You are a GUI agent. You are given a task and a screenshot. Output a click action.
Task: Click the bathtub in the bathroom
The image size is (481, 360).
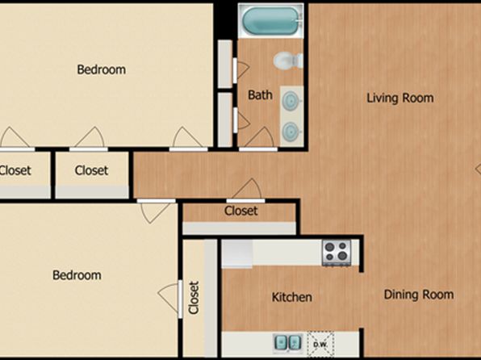[x=270, y=21]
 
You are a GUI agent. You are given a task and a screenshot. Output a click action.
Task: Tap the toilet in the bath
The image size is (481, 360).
[x=288, y=61]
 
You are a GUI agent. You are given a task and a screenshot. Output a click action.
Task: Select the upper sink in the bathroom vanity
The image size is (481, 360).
[x=291, y=101]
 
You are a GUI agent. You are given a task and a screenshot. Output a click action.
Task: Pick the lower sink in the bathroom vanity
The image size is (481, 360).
[x=291, y=132]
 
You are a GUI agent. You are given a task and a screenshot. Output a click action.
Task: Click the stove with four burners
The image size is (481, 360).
[x=337, y=253]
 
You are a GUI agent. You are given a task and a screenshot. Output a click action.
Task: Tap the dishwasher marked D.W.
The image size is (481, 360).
[x=320, y=344]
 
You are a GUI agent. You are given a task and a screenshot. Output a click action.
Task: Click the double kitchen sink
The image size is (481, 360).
[x=287, y=342]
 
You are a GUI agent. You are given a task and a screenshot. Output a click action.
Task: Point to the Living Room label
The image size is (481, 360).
[x=400, y=98]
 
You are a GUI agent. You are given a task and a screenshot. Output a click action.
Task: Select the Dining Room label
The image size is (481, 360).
[x=419, y=295]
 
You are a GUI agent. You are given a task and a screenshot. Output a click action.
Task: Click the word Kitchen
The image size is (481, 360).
[x=292, y=297]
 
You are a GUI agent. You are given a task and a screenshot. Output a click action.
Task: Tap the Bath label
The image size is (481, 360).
[x=260, y=94]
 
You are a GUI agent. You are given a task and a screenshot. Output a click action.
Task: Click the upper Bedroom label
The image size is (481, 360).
[x=101, y=69]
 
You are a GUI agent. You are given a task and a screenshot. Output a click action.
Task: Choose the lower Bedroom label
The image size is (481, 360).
[x=77, y=275]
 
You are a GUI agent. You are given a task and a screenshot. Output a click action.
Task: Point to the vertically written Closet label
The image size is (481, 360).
[x=194, y=298]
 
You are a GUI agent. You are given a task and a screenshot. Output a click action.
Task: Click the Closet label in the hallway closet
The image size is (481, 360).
[x=240, y=211]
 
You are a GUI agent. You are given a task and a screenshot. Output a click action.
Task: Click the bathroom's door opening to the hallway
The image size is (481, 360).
[x=258, y=149]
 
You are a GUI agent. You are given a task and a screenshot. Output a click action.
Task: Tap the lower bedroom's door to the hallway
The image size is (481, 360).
[x=156, y=201]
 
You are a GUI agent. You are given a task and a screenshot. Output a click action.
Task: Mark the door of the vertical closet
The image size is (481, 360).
[x=180, y=299]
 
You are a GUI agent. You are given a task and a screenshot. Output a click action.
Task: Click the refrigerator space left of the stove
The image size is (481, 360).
[x=237, y=253]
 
